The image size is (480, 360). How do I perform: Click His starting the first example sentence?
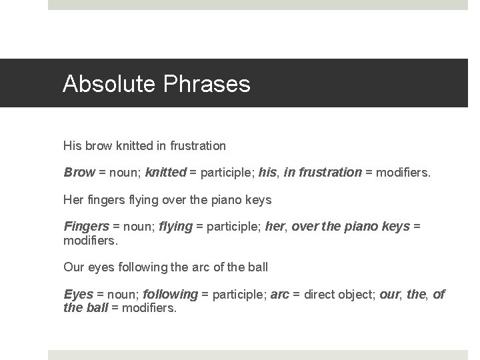click(x=71, y=145)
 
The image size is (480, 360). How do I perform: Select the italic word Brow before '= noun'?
click(x=79, y=173)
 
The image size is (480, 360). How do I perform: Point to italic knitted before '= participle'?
click(x=167, y=173)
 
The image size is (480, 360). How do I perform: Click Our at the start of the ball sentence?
click(x=73, y=267)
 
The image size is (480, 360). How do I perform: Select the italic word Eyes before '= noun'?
click(x=78, y=294)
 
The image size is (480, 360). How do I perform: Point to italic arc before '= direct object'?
click(x=280, y=294)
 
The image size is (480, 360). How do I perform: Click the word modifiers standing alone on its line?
click(x=89, y=239)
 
